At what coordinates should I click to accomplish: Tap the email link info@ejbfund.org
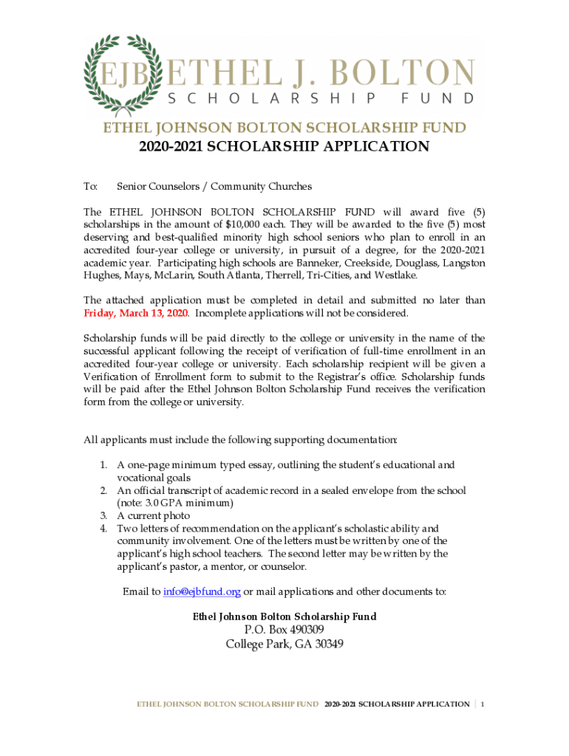202,591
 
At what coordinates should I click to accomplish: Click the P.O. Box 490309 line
284,630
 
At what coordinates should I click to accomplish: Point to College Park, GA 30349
284,644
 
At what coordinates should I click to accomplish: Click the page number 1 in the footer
483,704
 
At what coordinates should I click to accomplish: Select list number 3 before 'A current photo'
104,515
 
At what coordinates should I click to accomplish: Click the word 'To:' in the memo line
91,187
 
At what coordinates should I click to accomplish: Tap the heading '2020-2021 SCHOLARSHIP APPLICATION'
284,146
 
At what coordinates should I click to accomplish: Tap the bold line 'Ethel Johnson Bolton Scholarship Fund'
284,616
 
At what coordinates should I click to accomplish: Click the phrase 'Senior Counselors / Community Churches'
214,187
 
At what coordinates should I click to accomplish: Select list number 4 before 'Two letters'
104,529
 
